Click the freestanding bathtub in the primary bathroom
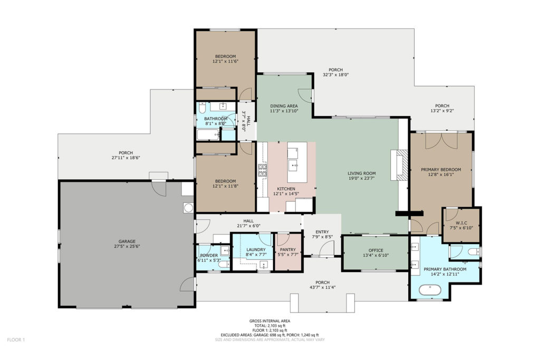(x=430, y=290)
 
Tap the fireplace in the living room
(x=400, y=165)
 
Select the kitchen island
(x=297, y=162)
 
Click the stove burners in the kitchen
(x=263, y=171)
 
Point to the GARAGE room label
(x=127, y=241)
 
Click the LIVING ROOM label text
(x=362, y=173)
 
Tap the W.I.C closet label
(x=461, y=223)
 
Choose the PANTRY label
(x=288, y=249)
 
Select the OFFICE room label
(x=375, y=250)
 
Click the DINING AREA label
(x=284, y=106)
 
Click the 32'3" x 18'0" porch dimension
(x=336, y=74)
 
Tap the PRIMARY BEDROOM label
(x=441, y=170)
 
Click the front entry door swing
(x=327, y=248)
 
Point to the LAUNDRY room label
(x=256, y=249)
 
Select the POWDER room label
(x=209, y=255)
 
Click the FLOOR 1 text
(x=16, y=340)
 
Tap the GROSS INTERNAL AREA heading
(x=269, y=321)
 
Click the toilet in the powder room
(x=224, y=265)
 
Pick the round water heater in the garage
(x=188, y=208)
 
